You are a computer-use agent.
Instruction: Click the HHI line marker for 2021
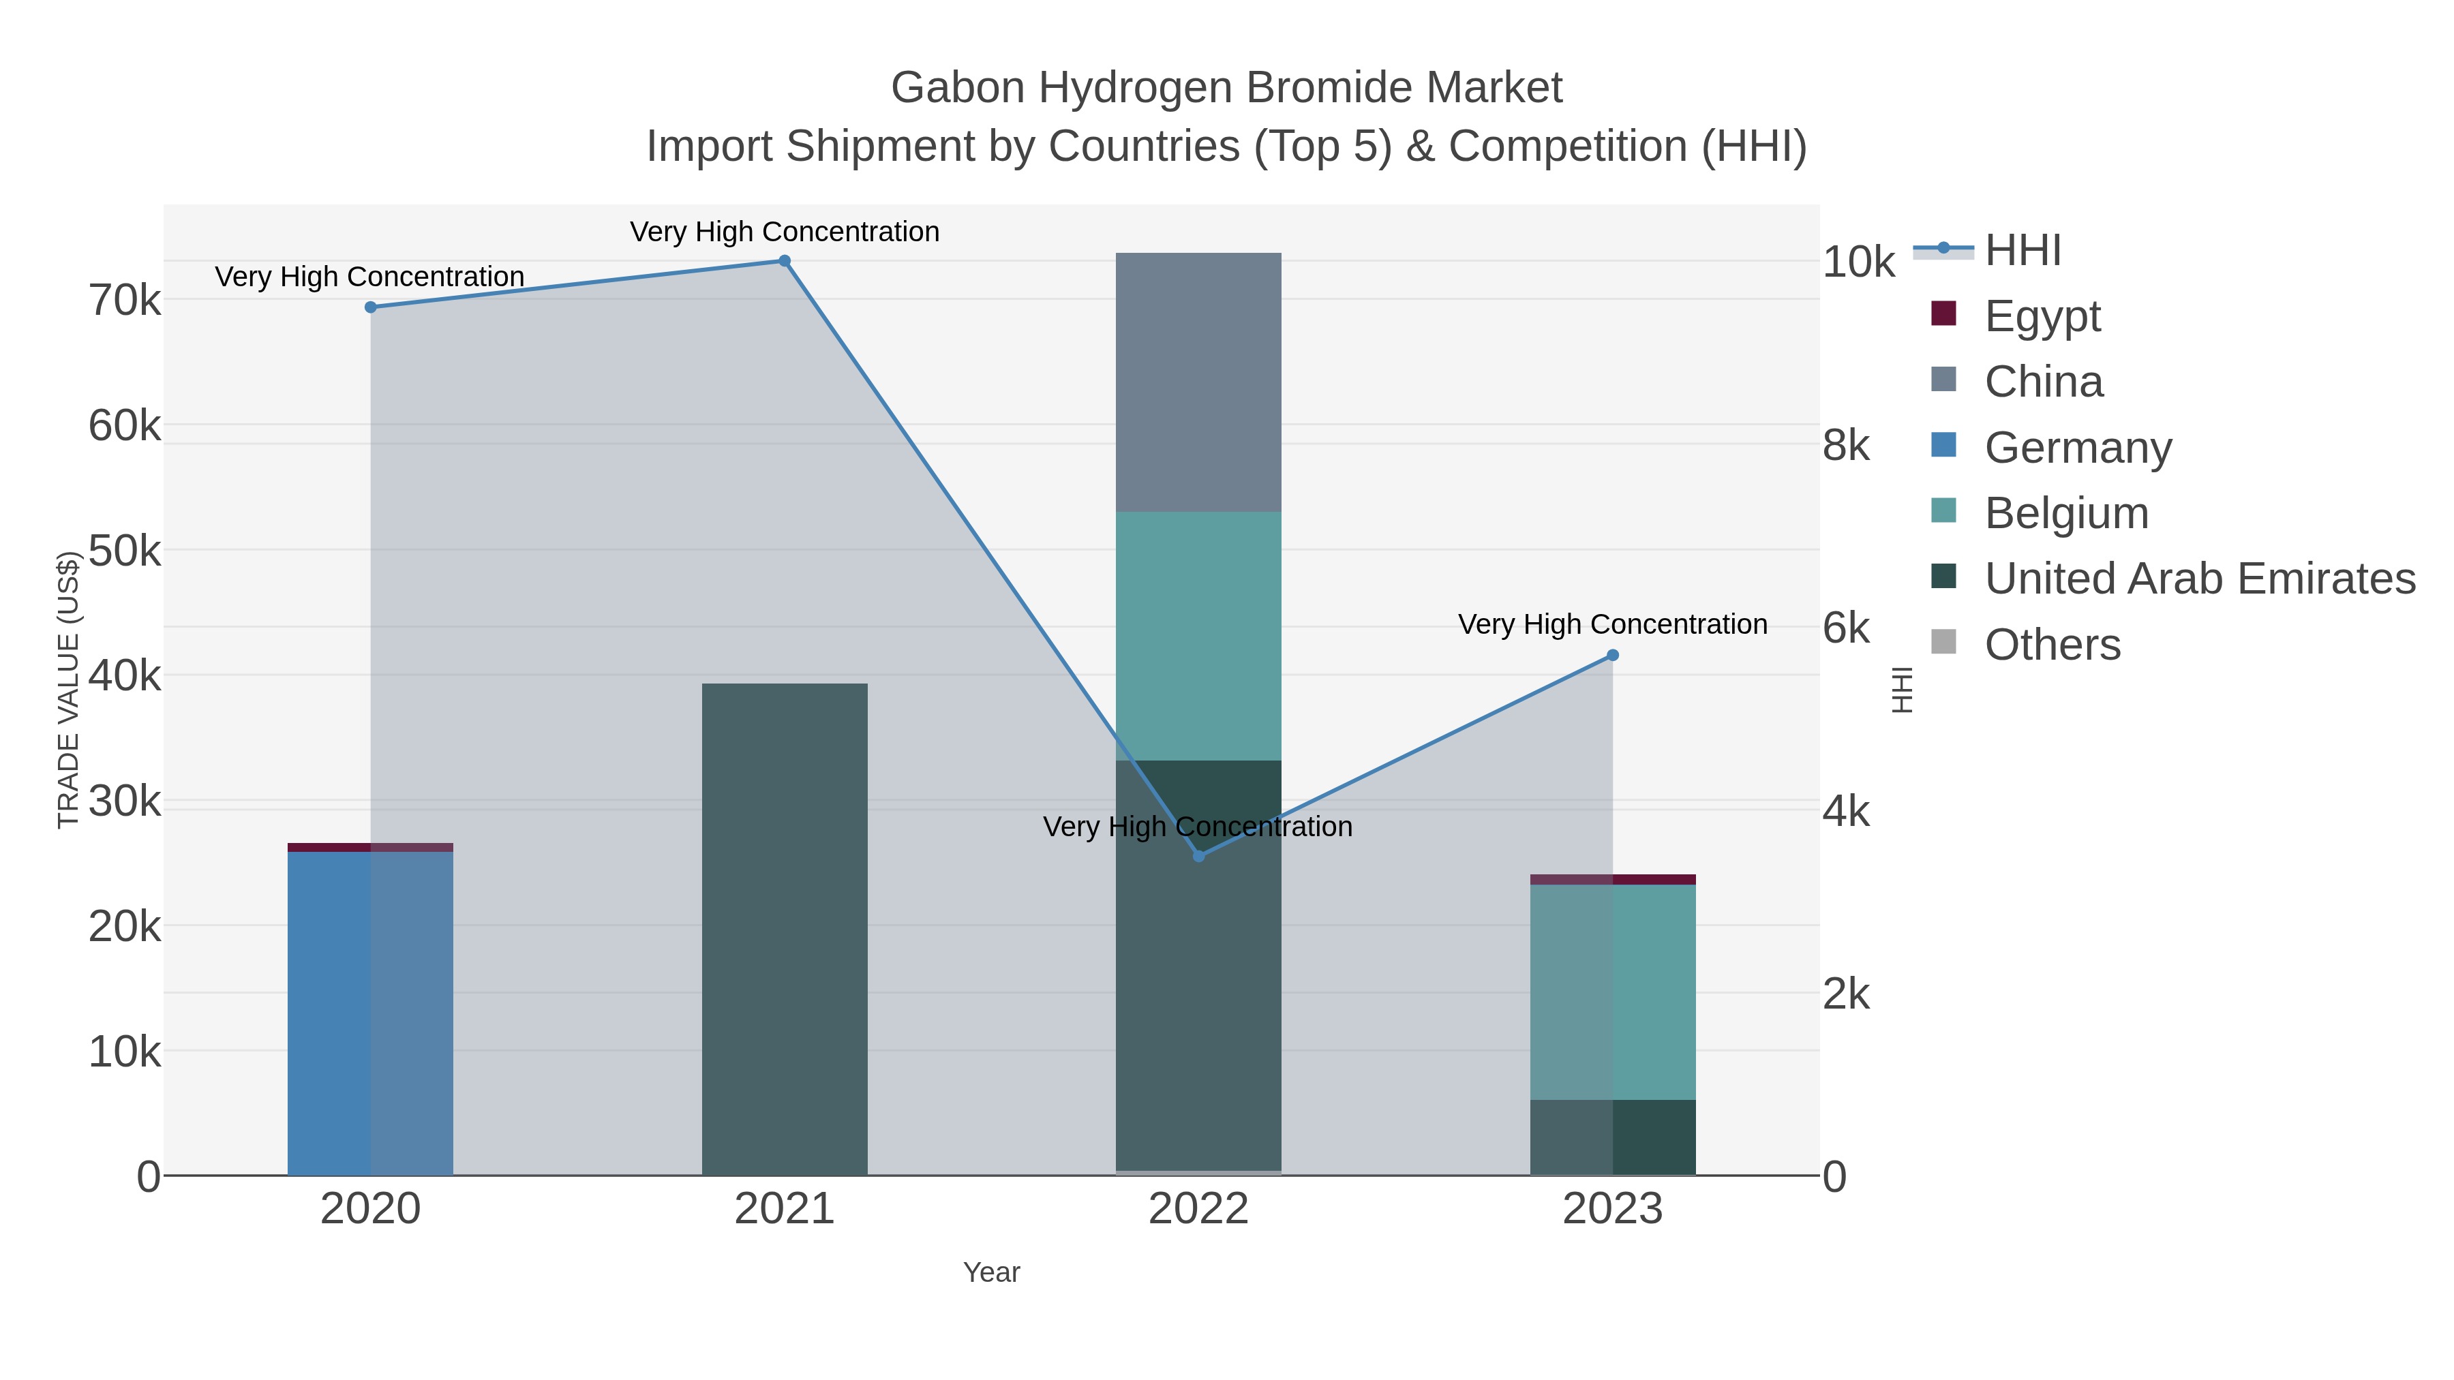pyautogui.click(x=784, y=261)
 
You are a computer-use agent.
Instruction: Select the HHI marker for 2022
pyautogui.click(x=1198, y=856)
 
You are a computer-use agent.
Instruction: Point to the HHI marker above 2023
pyautogui.click(x=1613, y=655)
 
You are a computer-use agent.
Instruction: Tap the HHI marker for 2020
pyautogui.click(x=371, y=307)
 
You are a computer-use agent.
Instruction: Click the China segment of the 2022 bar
pyautogui.click(x=1198, y=382)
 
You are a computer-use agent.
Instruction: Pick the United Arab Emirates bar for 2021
pyautogui.click(x=784, y=929)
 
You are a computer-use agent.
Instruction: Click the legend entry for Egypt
pyautogui.click(x=2042, y=316)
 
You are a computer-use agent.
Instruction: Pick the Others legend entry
pyautogui.click(x=2052, y=645)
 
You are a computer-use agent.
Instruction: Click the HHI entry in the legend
pyautogui.click(x=2022, y=251)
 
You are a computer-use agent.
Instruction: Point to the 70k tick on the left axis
pyautogui.click(x=125, y=301)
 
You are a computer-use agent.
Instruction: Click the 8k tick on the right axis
pyautogui.click(x=1846, y=446)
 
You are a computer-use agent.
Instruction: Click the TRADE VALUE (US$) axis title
pyautogui.click(x=69, y=690)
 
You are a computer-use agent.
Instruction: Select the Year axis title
pyautogui.click(x=990, y=1272)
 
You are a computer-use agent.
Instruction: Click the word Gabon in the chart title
pyautogui.click(x=956, y=88)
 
